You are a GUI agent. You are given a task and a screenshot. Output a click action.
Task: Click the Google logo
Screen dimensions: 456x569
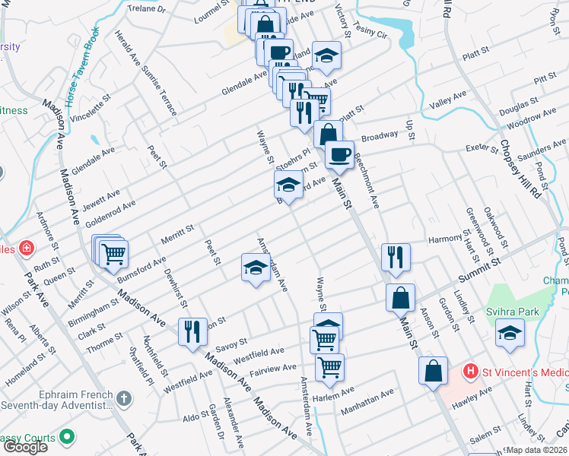[25, 446]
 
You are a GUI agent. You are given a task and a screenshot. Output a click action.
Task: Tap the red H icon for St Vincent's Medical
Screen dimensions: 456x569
[472, 372]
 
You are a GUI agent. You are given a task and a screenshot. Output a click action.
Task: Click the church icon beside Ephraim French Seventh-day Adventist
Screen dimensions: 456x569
[125, 398]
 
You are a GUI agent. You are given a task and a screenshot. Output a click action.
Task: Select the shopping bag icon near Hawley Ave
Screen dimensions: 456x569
[433, 371]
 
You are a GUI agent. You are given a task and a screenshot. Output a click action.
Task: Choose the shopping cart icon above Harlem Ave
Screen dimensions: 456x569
[329, 367]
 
